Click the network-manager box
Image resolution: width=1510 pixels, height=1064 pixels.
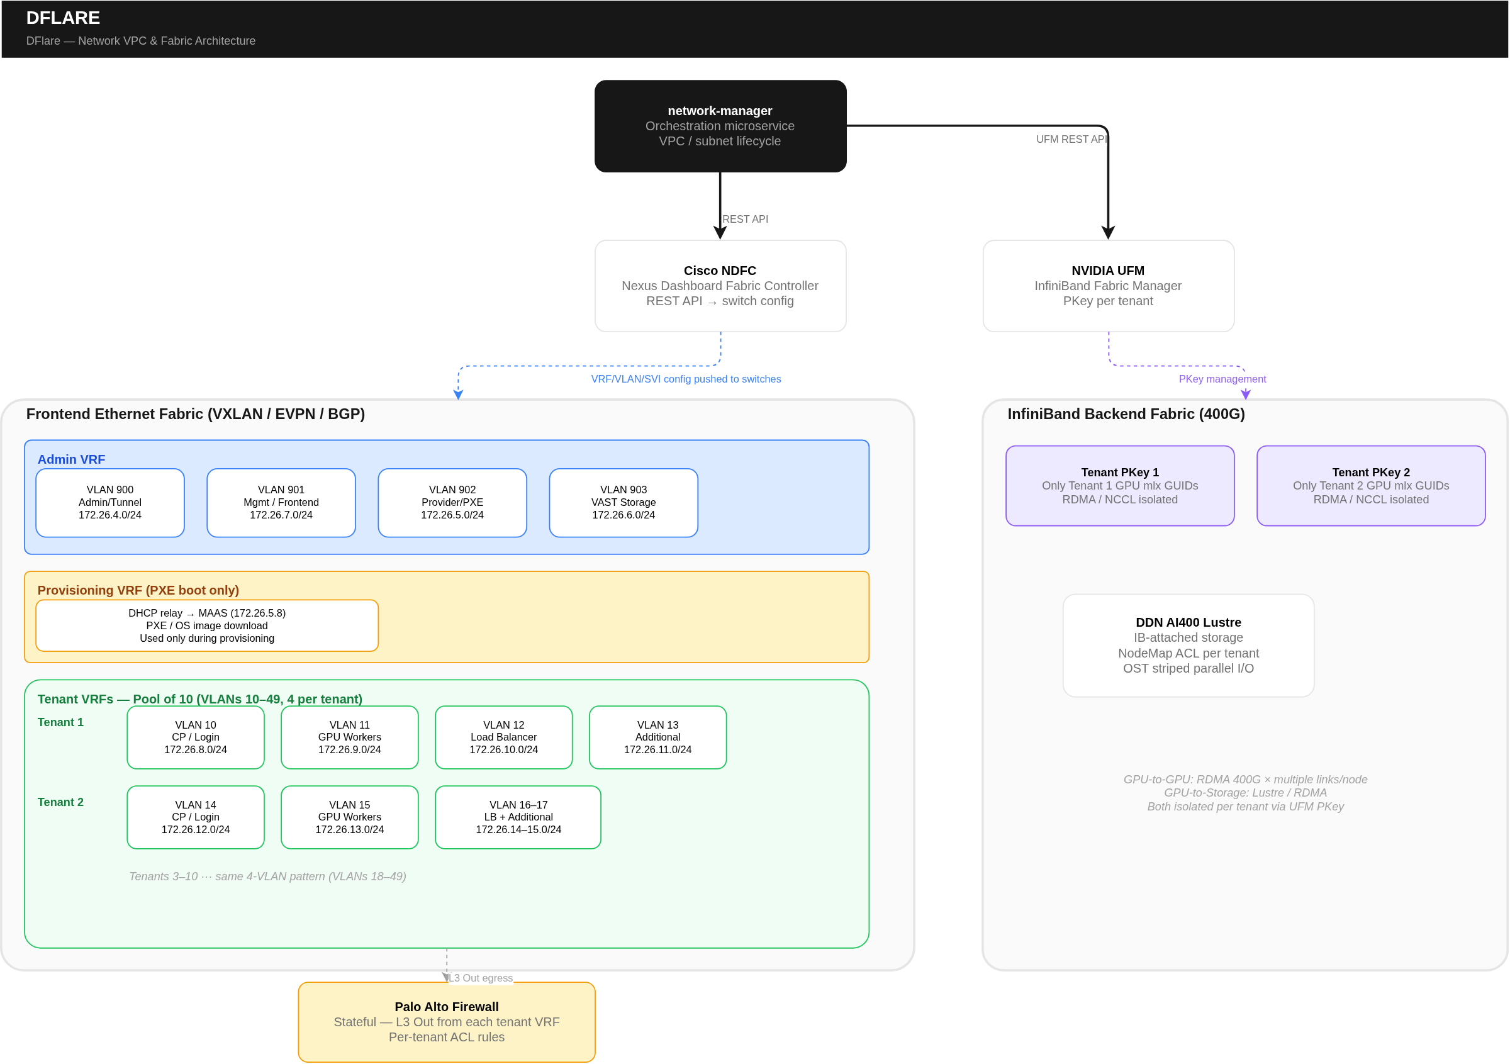[x=720, y=126]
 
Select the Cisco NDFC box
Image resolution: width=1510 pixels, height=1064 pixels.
[x=720, y=286]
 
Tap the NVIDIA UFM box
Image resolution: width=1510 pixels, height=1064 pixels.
[x=1108, y=286]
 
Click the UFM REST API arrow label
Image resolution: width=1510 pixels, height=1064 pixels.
[x=1071, y=140]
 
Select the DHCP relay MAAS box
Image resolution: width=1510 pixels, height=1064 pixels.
[x=206, y=625]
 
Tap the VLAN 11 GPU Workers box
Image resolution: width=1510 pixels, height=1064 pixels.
[x=349, y=737]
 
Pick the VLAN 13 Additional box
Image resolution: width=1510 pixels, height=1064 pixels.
[x=657, y=737]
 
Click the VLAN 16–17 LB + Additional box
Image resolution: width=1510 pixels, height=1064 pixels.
[x=518, y=817]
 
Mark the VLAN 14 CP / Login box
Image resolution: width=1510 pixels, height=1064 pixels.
[x=195, y=817]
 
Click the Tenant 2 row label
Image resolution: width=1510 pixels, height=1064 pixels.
[x=60, y=802]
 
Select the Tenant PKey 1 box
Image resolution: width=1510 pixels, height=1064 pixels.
[x=1120, y=486]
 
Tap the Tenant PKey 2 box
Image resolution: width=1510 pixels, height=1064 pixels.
[x=1371, y=486]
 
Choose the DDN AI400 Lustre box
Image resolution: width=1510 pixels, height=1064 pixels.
[x=1188, y=645]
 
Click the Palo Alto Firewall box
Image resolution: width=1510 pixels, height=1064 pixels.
[x=447, y=1022]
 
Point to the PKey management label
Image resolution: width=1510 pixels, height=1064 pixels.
[x=1222, y=379]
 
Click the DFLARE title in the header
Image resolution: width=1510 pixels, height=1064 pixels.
[x=63, y=18]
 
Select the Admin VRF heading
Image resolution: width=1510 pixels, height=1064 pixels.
[x=71, y=460]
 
